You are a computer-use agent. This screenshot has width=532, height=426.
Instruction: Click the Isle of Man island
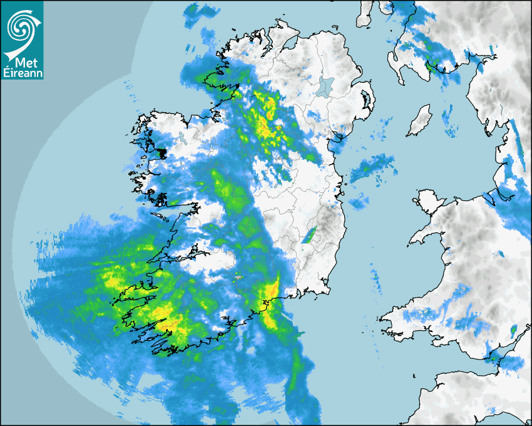419,120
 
